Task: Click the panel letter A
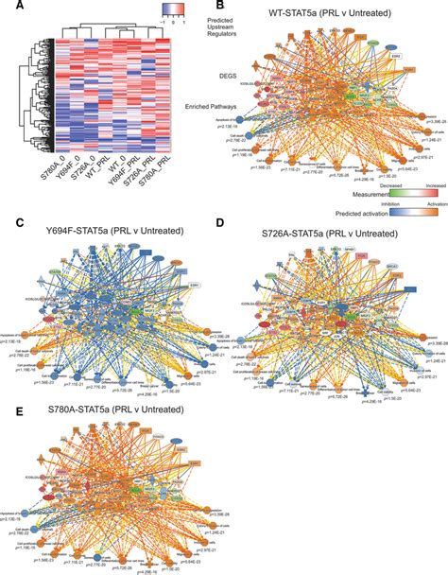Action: point(7,7)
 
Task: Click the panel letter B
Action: point(233,7)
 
